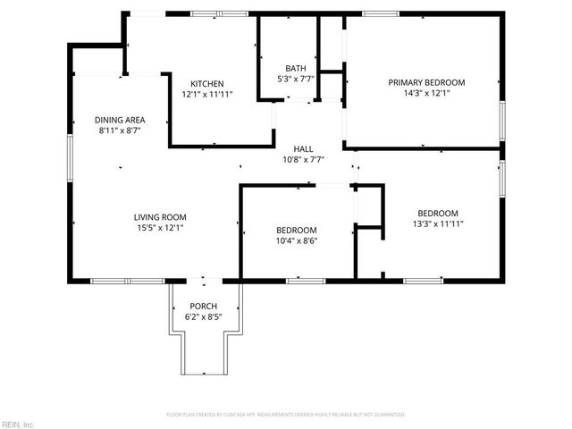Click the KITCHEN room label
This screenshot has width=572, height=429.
(206, 84)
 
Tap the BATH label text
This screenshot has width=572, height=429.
(296, 69)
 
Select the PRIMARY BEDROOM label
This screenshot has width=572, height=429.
(426, 82)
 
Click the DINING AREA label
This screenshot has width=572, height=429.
(120, 120)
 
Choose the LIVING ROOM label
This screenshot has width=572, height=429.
(160, 217)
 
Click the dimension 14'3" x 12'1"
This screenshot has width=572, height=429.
(426, 93)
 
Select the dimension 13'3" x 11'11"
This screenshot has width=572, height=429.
(438, 223)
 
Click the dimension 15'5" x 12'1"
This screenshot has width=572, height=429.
(160, 228)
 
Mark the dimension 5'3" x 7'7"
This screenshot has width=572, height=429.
(296, 79)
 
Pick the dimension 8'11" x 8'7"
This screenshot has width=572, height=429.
(120, 130)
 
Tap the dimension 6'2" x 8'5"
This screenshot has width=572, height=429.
(202, 315)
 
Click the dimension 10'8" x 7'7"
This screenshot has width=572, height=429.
(303, 160)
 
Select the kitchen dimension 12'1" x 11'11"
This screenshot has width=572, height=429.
(206, 94)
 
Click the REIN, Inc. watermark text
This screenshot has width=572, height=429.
(17, 424)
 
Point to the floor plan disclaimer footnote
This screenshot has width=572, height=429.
(286, 415)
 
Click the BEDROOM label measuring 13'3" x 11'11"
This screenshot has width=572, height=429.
(438, 213)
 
